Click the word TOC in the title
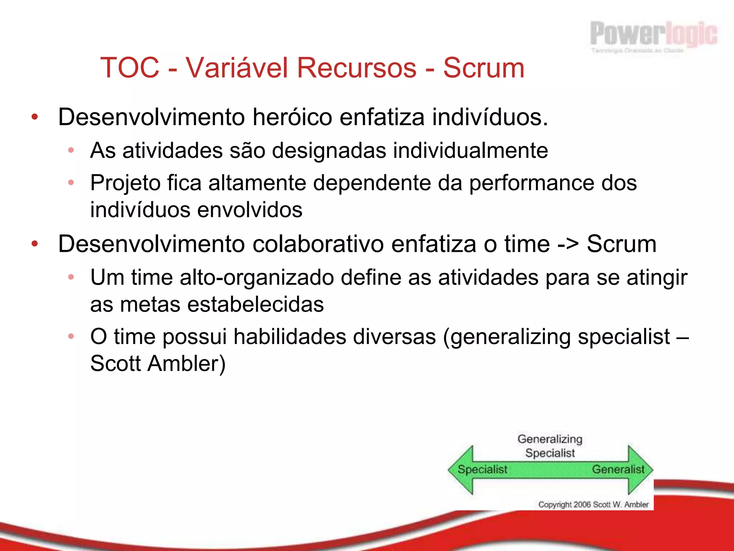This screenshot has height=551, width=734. point(130,68)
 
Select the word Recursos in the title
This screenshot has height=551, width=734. point(357,68)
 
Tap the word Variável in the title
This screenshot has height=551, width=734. point(237,68)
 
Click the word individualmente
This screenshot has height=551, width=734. point(470,151)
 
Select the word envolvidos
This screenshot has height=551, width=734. point(250,210)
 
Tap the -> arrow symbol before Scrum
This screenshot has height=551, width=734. point(568,244)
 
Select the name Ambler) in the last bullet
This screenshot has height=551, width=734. point(186,364)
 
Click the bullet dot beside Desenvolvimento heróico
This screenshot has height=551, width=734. point(34,117)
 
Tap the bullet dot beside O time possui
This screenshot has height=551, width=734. point(71,336)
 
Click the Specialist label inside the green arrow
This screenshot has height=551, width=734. point(482,469)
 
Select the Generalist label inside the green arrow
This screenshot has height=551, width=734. point(618,469)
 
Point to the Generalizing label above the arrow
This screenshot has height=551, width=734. point(550,439)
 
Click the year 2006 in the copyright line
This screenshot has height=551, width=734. point(582,505)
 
